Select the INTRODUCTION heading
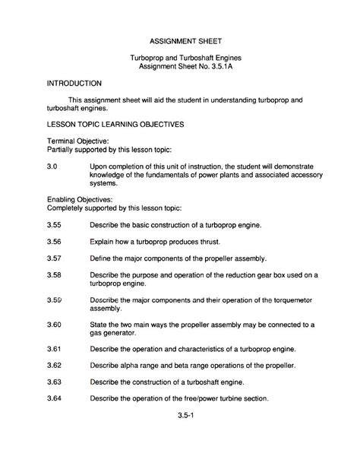(74, 82)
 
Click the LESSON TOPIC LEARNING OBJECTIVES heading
(115, 124)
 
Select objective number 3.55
(54, 226)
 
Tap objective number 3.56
(54, 242)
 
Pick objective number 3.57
(54, 258)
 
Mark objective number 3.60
(54, 325)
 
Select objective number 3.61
(54, 349)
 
